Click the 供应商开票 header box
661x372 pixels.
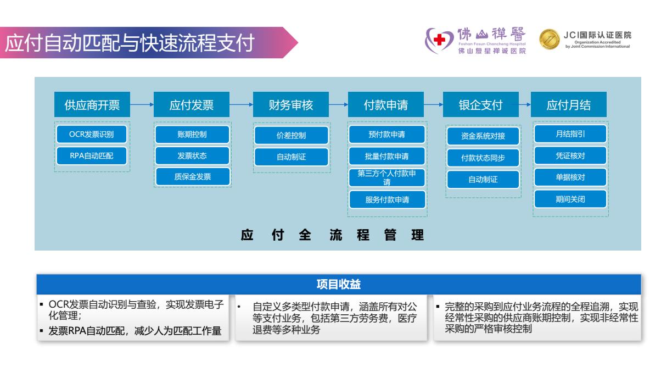(92, 105)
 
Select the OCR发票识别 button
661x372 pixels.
(92, 134)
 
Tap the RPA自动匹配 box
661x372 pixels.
(92, 156)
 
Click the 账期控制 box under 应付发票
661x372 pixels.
(192, 134)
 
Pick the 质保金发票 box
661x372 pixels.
(192, 176)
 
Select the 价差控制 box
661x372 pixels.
(291, 136)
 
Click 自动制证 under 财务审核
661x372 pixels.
(291, 157)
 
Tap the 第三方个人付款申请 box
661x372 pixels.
(386, 178)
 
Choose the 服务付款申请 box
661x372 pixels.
(386, 199)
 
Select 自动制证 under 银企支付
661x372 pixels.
(483, 179)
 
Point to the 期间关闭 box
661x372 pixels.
(570, 199)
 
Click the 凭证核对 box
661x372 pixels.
(570, 156)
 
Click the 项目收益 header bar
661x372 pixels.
(339, 284)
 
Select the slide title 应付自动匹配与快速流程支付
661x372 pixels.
(130, 43)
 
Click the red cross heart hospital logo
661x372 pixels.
(439, 42)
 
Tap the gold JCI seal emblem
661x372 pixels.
(550, 41)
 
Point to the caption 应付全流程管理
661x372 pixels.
(333, 235)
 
